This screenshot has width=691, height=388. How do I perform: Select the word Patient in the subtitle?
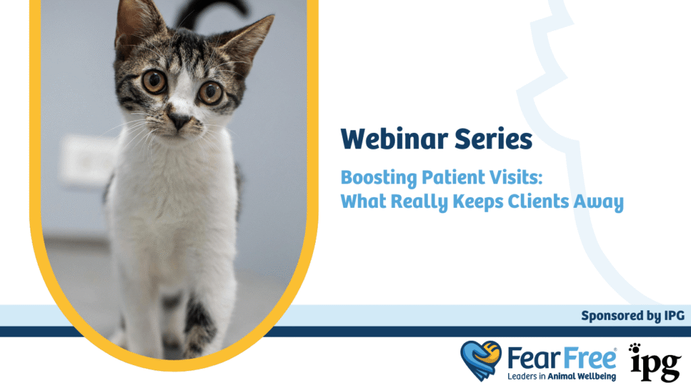pos(455,179)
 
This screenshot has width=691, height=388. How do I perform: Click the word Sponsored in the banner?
pos(613,315)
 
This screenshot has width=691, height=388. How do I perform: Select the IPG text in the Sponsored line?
pos(671,315)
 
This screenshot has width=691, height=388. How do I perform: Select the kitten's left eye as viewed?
pos(155,82)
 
